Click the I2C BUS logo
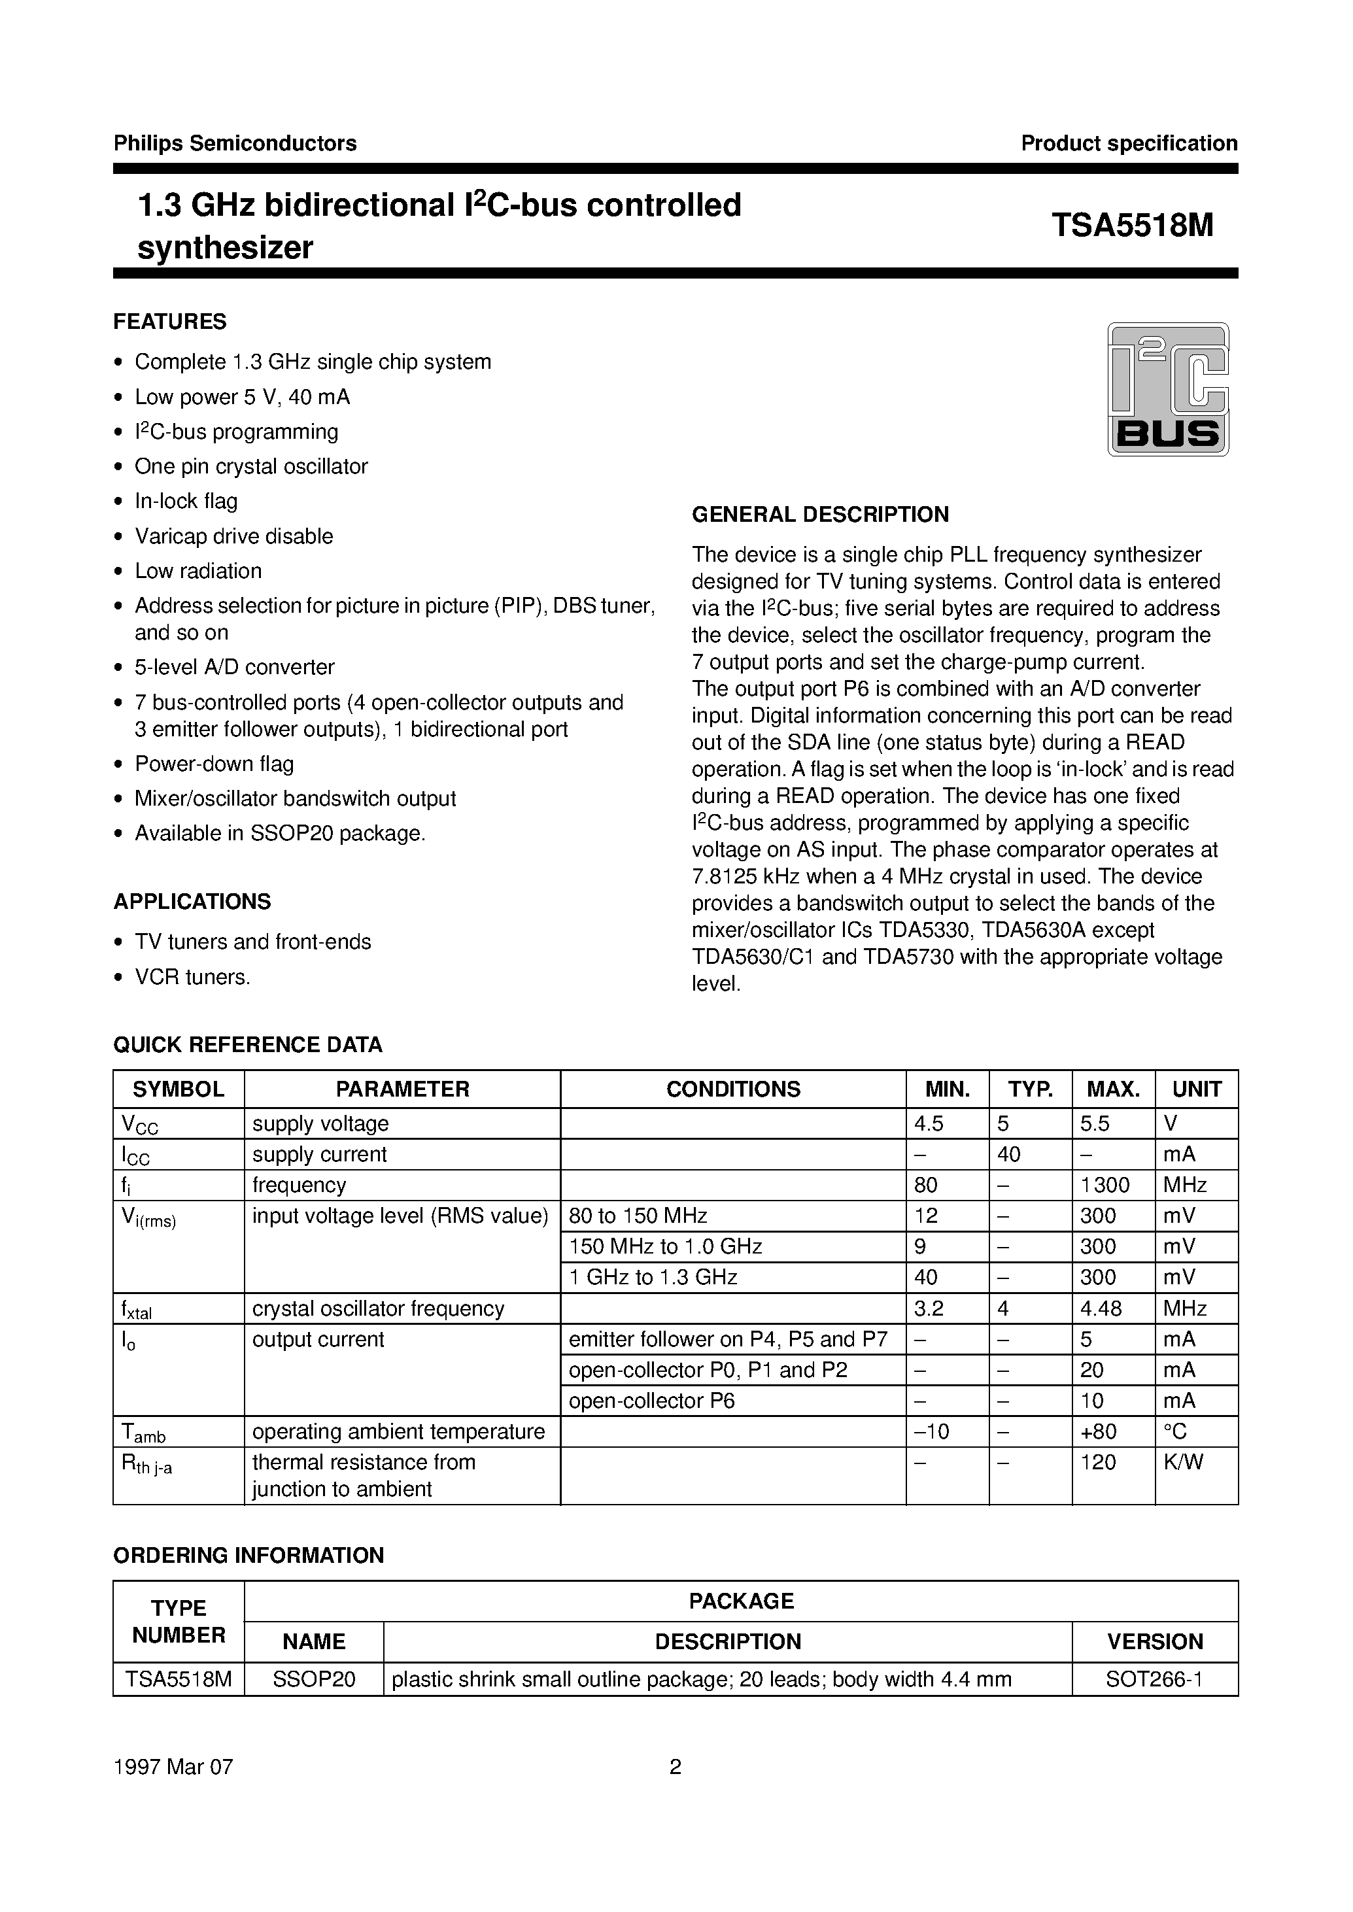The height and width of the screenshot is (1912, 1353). pos(1167,388)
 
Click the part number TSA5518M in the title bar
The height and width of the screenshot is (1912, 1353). pos(1131,226)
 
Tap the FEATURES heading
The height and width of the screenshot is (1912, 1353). pos(170,322)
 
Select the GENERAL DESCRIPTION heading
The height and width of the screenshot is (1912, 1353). pos(820,514)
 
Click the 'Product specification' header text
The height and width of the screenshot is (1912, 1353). pos(1128,143)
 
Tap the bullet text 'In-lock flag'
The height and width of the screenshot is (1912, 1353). pos(186,501)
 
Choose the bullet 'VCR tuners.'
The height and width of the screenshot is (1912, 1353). pos(192,976)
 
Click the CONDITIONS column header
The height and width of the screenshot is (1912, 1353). pos(732,1089)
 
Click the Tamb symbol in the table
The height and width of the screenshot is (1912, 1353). pos(143,1433)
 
